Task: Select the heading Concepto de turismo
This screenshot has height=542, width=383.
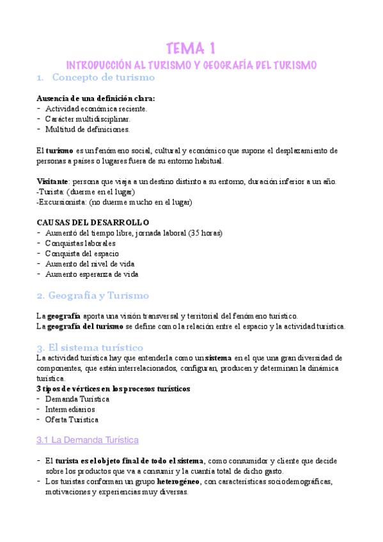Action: point(103,78)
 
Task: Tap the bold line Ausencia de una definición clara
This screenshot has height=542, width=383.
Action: point(96,98)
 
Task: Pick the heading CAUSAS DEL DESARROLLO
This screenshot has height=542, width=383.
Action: point(93,222)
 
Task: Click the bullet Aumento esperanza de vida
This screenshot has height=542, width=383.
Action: point(91,274)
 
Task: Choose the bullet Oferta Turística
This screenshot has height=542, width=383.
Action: point(72,419)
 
